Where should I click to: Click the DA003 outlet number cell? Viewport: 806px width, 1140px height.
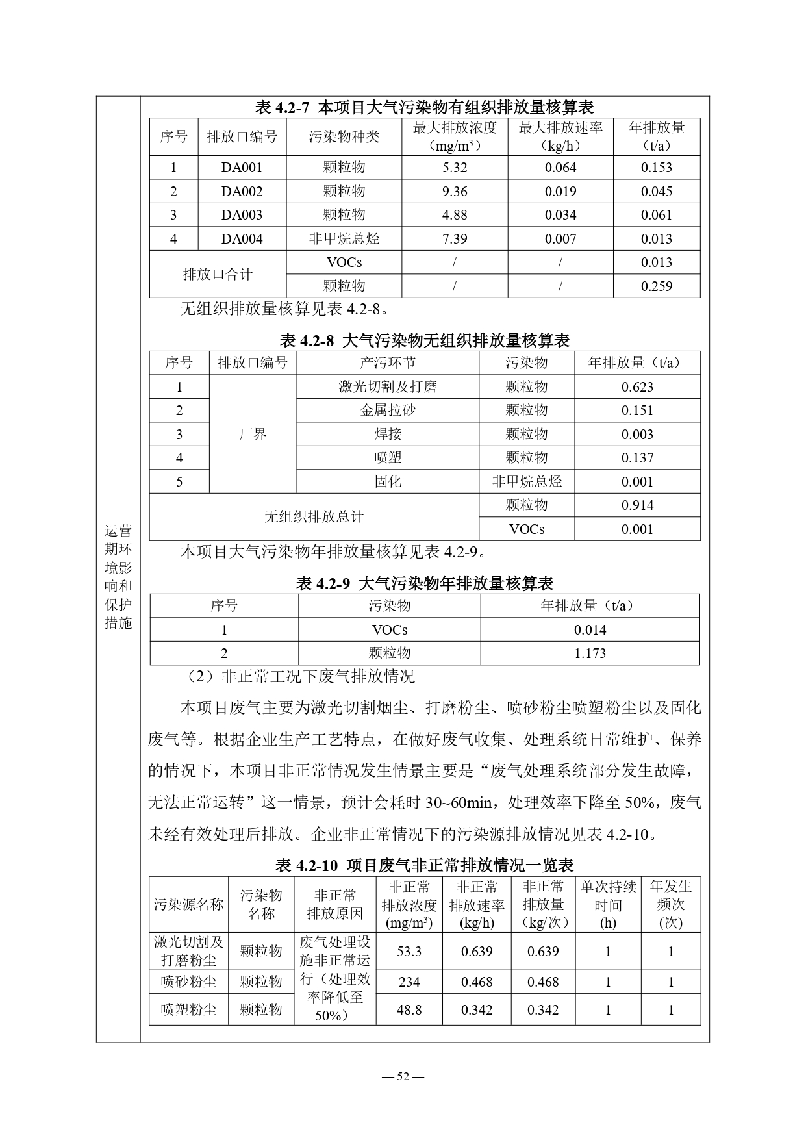click(242, 215)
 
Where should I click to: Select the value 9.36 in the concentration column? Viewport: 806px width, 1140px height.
click(455, 191)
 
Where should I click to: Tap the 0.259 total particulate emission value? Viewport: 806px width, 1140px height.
click(656, 286)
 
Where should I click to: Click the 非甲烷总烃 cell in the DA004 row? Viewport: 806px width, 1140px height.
click(344, 238)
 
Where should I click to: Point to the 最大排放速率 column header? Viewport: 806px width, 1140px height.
click(560, 136)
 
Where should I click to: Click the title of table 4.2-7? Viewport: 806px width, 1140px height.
click(425, 107)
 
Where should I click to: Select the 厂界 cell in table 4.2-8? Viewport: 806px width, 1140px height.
click(253, 434)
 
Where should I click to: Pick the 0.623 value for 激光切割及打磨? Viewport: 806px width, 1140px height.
click(637, 386)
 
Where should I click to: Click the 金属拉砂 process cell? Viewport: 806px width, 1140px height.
click(388, 410)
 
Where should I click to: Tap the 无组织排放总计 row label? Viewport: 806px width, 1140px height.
click(314, 516)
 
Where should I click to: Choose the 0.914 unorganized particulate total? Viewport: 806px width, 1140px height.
click(637, 505)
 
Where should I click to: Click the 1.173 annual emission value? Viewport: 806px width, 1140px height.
click(590, 653)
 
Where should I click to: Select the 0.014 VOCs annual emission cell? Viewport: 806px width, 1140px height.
click(590, 629)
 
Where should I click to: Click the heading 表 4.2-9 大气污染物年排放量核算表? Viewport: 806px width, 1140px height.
click(425, 583)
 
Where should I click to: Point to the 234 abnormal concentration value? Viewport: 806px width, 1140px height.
click(409, 982)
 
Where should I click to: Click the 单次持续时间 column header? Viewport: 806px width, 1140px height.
click(608, 904)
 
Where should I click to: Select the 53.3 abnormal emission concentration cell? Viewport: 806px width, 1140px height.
click(409, 951)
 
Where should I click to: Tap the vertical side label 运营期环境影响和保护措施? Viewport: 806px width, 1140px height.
click(118, 576)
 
